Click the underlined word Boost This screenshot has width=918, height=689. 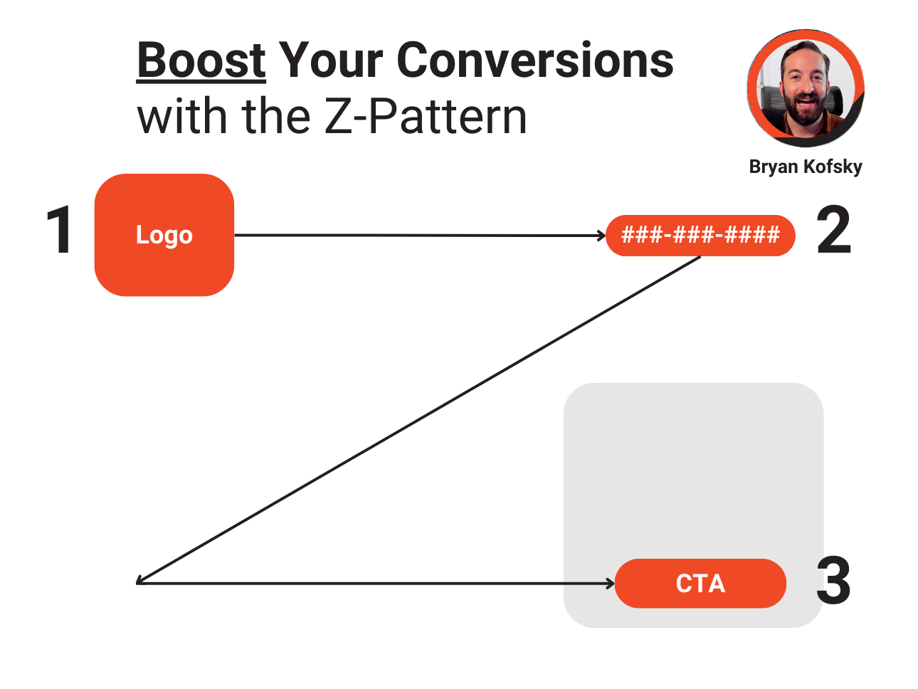201,61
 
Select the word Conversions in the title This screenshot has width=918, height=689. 535,60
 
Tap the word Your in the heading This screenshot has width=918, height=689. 331,60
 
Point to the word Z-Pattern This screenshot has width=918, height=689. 426,115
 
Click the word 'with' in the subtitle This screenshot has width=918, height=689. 182,115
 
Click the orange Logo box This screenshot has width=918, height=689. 164,235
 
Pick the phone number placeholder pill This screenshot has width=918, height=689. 700,235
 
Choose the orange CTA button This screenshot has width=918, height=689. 700,583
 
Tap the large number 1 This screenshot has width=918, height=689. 60,229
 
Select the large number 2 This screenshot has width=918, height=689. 833,229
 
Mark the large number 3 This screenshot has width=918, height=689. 833,580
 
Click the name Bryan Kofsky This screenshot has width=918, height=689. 806,167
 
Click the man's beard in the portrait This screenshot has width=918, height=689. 806,110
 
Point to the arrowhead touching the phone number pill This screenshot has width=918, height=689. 602,236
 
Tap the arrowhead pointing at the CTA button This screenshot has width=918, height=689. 611,583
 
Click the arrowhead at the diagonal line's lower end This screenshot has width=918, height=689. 140,581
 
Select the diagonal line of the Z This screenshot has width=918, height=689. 418,419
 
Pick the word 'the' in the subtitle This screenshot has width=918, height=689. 275,115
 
